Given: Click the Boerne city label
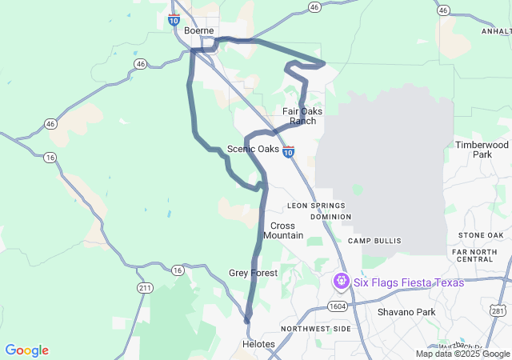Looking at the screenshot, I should click(198, 30).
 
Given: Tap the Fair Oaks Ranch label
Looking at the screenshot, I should click(302, 116).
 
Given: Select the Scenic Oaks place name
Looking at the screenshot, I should click(253, 149).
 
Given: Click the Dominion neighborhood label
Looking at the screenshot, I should click(330, 217).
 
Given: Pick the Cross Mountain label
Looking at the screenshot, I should click(283, 230).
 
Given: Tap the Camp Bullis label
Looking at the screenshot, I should click(374, 240).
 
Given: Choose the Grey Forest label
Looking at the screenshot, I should click(253, 273).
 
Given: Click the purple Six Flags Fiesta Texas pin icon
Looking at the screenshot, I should click(342, 282).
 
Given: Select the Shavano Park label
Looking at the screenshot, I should click(406, 312).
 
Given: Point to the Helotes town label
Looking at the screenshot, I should click(258, 344).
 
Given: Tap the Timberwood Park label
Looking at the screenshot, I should click(482, 150).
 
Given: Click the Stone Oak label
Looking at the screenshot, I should click(481, 234).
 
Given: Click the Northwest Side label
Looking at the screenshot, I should click(316, 329).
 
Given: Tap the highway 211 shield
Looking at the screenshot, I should click(144, 287).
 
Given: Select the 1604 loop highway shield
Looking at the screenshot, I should click(338, 306).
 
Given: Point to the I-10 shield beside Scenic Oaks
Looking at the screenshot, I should click(289, 150).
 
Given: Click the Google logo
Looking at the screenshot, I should click(26, 350).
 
